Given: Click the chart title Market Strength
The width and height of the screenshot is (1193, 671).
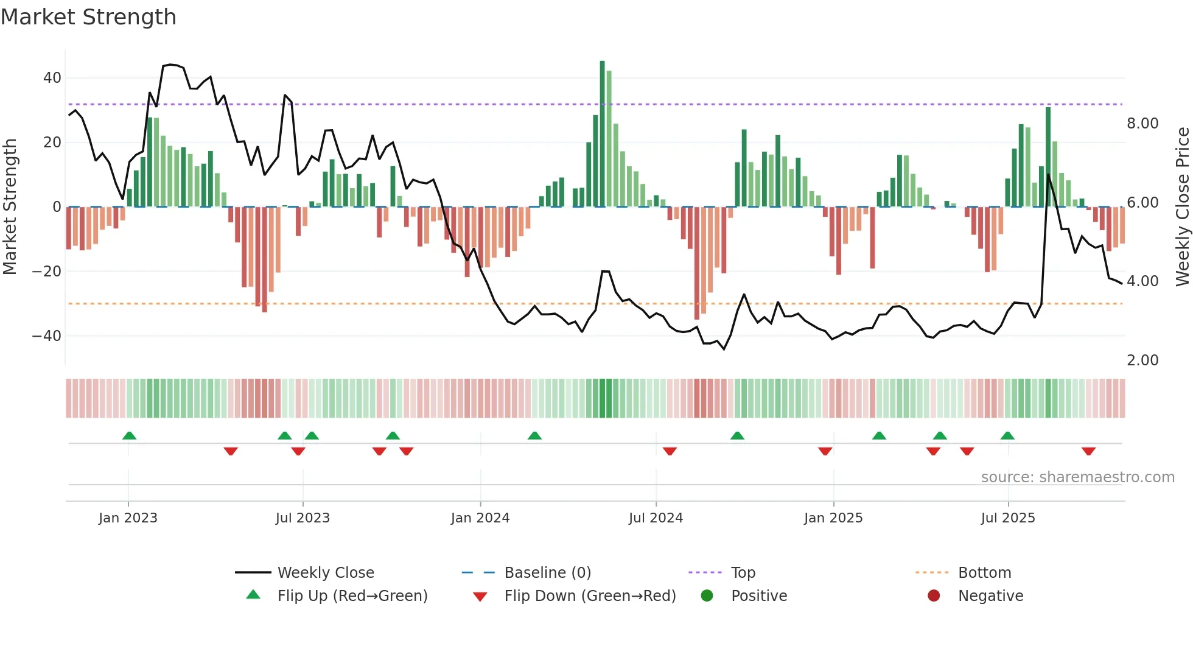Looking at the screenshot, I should click(x=88, y=17).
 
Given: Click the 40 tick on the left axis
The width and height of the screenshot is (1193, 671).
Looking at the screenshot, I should click(x=52, y=78).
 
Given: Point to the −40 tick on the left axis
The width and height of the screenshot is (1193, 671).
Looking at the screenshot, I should click(x=47, y=335).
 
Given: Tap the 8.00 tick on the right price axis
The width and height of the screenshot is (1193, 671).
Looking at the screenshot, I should click(x=1142, y=124).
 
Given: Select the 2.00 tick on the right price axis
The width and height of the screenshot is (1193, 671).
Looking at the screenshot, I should click(x=1142, y=360).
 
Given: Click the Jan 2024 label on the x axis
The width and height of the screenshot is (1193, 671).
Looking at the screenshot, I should click(x=480, y=518).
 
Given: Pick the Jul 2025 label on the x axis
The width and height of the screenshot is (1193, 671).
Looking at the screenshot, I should click(x=1008, y=518).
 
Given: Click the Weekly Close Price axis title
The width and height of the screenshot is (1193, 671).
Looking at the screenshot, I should click(x=1182, y=207).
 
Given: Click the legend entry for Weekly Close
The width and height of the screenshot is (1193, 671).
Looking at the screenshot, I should click(x=326, y=573).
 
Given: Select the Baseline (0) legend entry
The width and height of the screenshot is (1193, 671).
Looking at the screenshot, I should click(x=547, y=573).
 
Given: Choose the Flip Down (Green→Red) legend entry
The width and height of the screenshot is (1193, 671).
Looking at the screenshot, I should click(x=590, y=596).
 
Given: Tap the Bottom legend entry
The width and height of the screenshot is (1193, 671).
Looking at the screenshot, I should click(x=984, y=573).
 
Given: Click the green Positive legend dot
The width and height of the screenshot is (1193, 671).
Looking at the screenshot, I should click(x=707, y=596).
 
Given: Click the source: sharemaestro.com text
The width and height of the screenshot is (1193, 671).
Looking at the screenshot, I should click(x=1077, y=477).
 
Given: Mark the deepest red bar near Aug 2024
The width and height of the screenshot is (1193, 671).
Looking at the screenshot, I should click(x=697, y=262).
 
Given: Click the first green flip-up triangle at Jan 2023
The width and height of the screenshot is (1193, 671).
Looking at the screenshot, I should click(x=129, y=435).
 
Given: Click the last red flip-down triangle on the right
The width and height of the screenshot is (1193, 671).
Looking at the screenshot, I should click(x=1089, y=451).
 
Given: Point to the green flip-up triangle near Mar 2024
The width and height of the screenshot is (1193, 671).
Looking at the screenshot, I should click(x=534, y=435).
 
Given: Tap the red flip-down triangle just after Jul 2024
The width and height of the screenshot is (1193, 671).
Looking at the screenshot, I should click(x=670, y=451).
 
